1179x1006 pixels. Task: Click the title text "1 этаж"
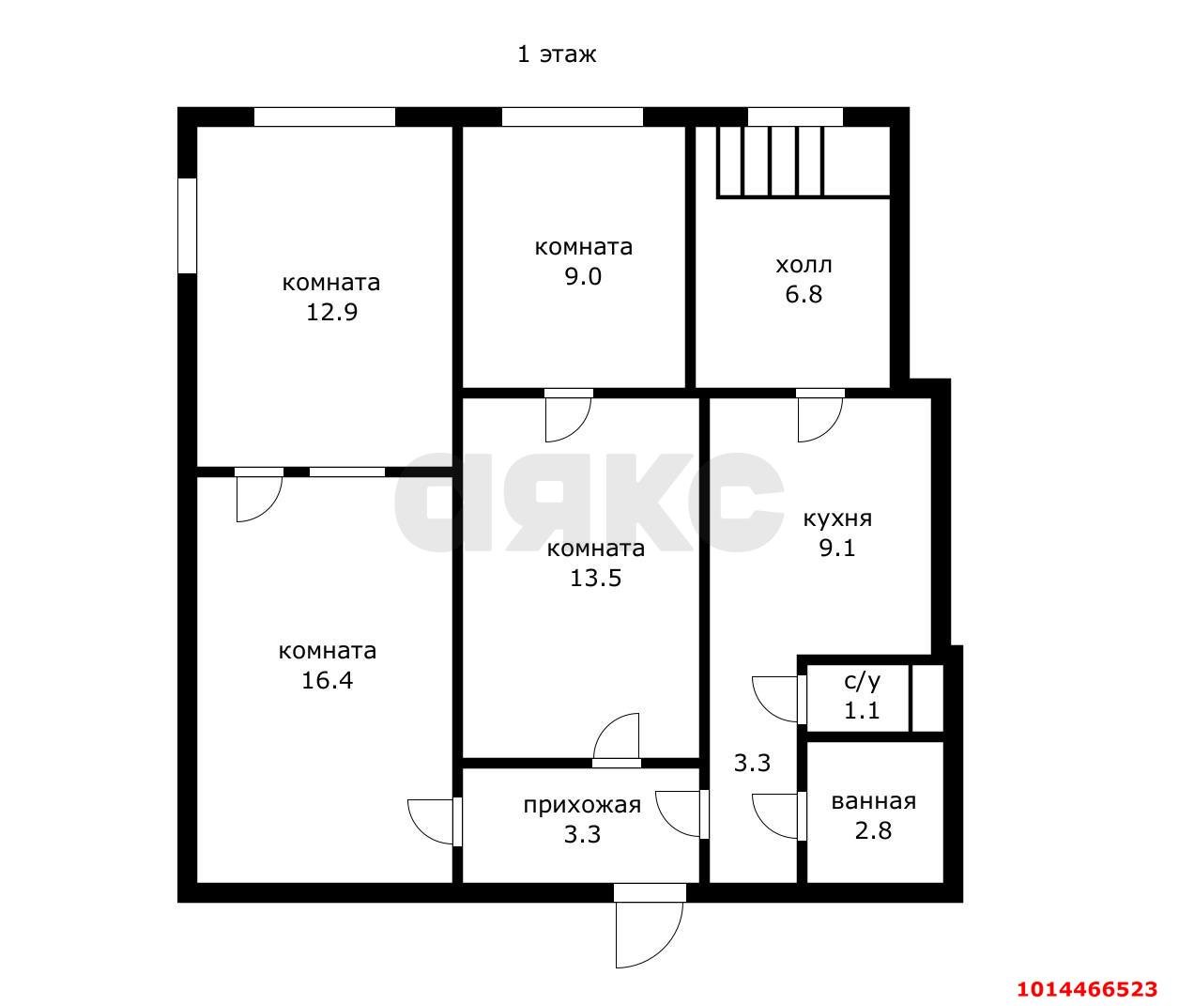point(557,54)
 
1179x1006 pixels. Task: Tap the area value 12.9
point(332,312)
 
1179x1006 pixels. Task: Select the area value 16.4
point(328,680)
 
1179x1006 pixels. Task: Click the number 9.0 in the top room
point(583,276)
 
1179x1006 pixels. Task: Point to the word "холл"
point(804,265)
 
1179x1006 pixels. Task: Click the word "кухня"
point(837,518)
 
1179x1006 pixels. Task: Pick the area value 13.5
point(595,578)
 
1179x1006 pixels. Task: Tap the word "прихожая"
point(582,805)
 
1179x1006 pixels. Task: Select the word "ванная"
point(874,802)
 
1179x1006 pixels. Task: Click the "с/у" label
point(862,681)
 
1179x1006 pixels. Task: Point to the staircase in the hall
point(804,163)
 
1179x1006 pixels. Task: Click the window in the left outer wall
point(187,226)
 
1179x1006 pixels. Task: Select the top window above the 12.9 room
point(325,117)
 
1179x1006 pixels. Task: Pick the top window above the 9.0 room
point(572,117)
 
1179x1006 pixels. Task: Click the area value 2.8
point(873,831)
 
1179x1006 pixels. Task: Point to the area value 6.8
point(804,294)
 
